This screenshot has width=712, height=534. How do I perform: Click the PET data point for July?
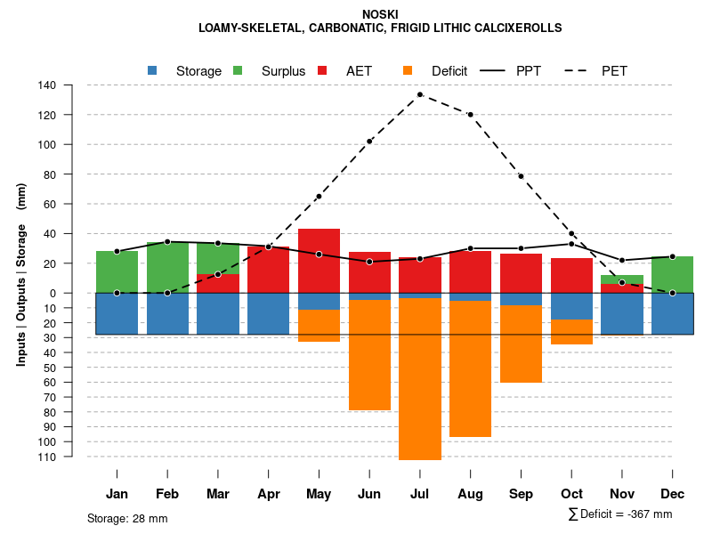point(420,94)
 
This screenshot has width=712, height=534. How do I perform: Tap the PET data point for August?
point(470,115)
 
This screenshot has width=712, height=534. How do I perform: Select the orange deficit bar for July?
point(420,379)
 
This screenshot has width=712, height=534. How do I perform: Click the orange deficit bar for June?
point(369,355)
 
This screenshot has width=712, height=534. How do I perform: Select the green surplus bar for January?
point(117,271)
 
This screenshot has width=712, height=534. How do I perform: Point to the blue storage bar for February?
point(167,313)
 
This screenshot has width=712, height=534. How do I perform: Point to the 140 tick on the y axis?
point(47,85)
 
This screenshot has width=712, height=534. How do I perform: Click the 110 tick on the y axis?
point(47,457)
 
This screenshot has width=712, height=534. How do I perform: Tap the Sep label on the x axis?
point(521,494)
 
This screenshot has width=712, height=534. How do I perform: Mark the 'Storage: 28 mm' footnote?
point(127,518)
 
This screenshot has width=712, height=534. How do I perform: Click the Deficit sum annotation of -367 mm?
point(619,514)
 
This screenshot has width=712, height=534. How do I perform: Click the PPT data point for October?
point(571,244)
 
